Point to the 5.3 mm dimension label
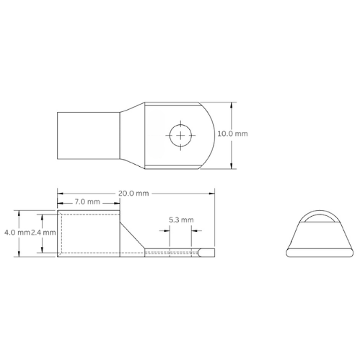click(180, 219)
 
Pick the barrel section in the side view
click(88, 232)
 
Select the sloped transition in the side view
click(132, 233)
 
